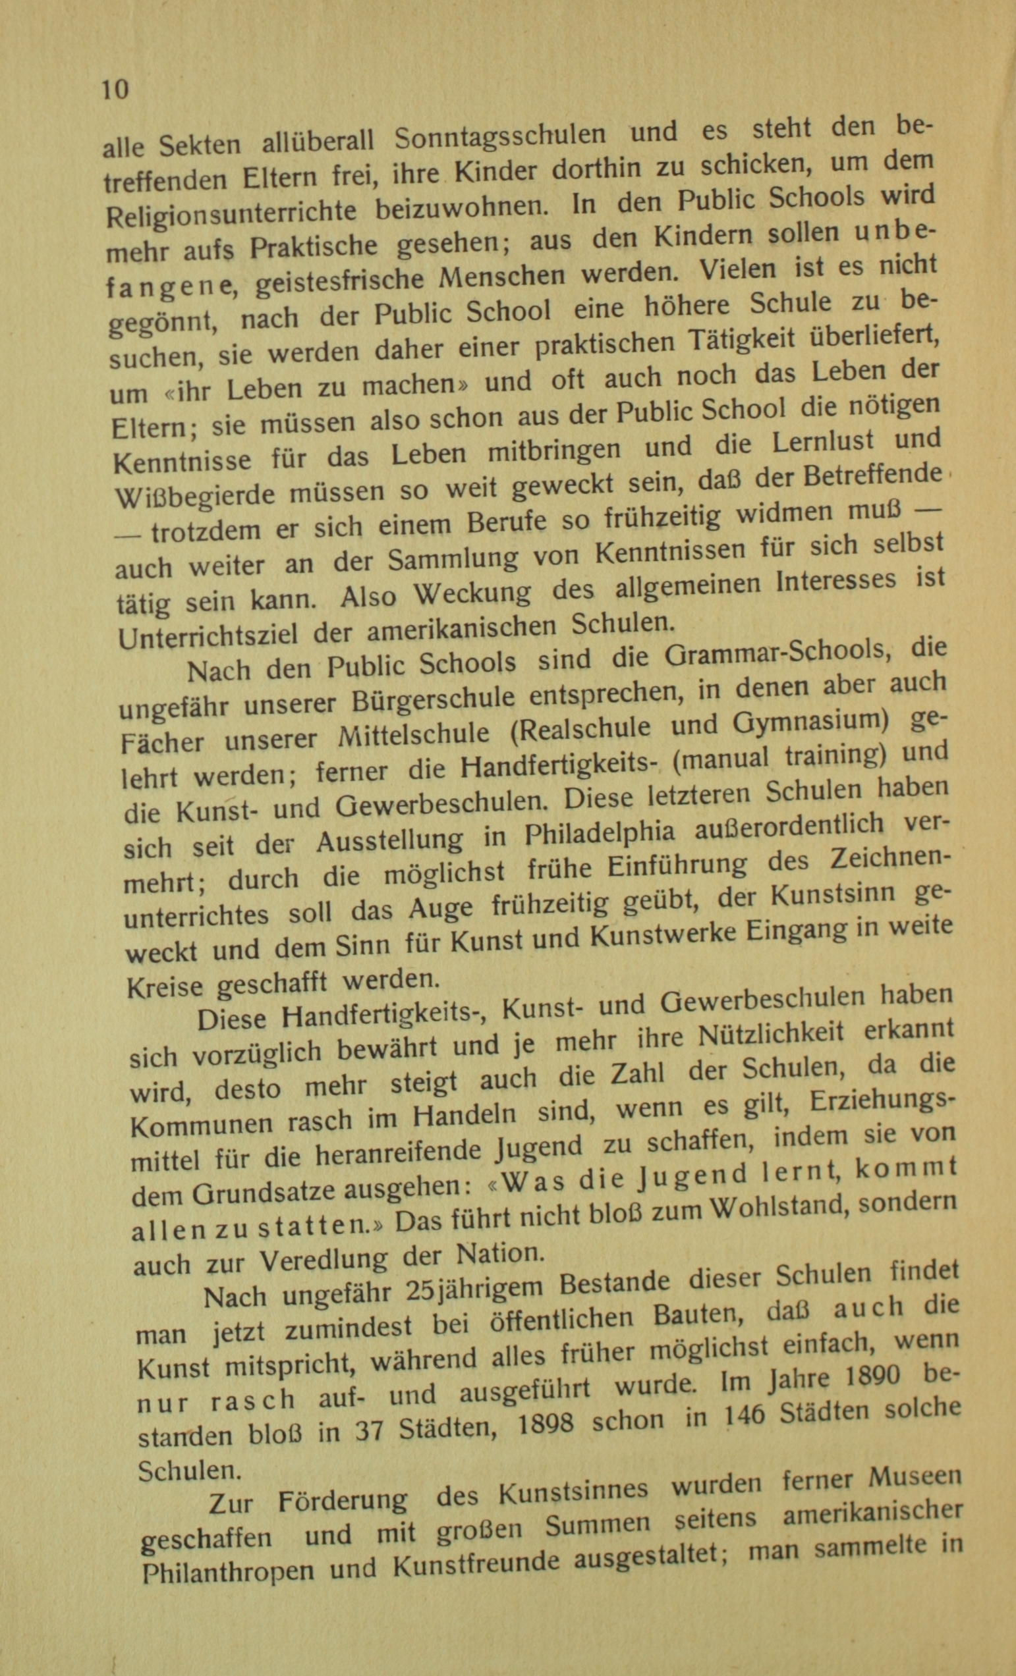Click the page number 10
tap(115, 89)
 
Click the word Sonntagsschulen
tap(499, 137)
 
